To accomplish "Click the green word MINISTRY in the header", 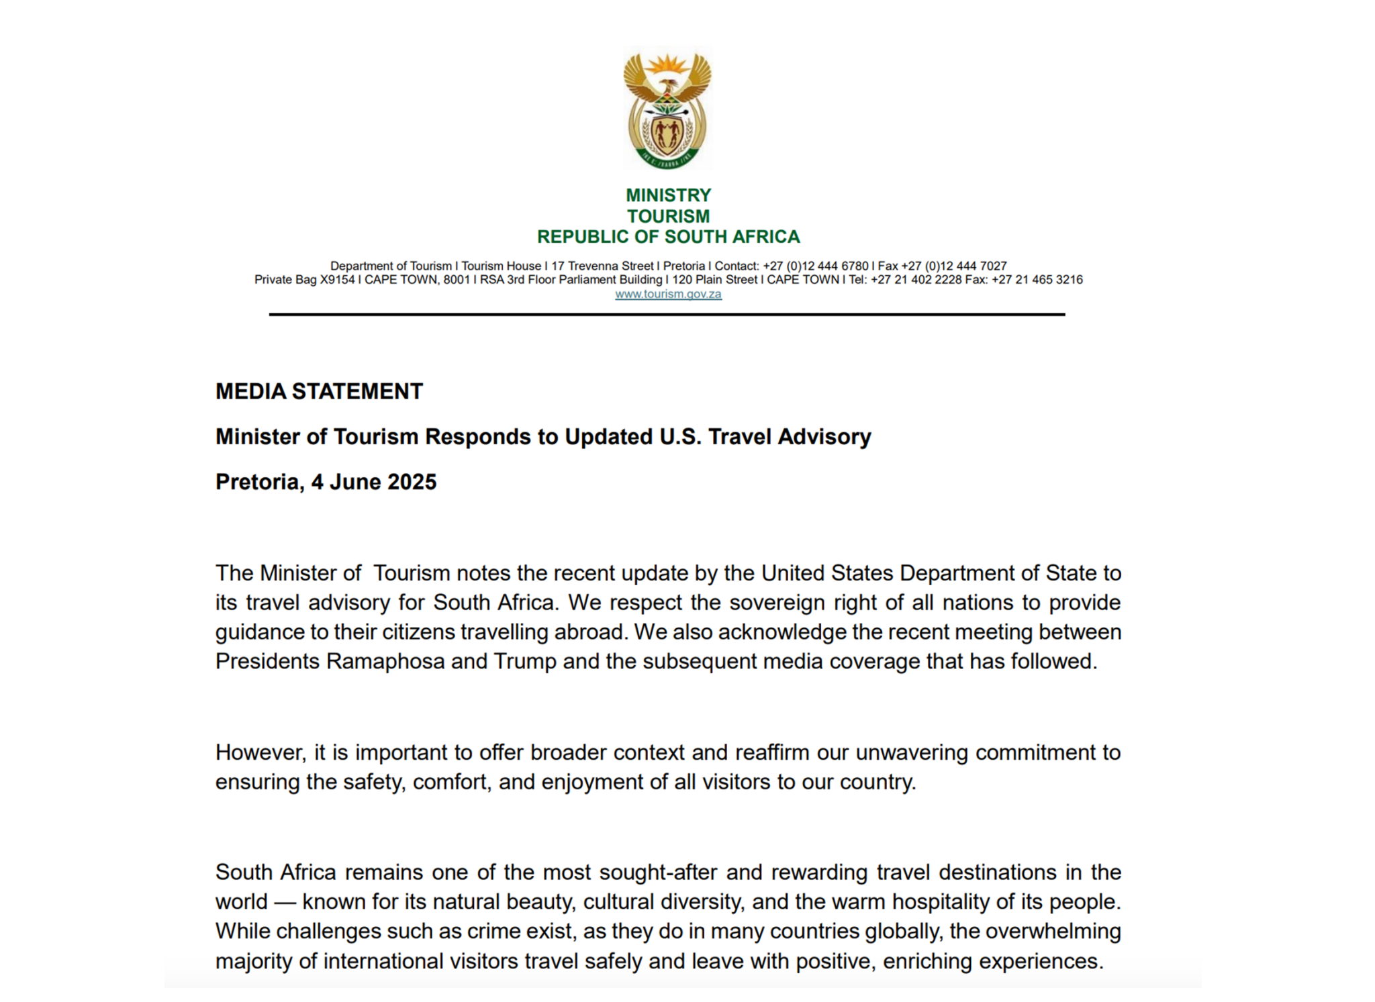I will click(x=668, y=195).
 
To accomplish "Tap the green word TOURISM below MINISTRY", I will click(x=668, y=216).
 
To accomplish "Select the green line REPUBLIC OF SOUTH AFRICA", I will click(x=668, y=237).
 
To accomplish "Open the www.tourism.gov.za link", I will click(x=668, y=294).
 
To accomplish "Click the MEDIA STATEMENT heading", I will click(x=319, y=391).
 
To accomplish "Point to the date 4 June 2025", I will click(x=373, y=482).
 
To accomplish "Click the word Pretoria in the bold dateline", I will click(x=258, y=482).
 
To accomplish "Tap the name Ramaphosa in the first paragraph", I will click(x=385, y=662).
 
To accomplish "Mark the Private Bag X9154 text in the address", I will click(x=304, y=280).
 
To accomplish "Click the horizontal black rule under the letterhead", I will click(x=667, y=314).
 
